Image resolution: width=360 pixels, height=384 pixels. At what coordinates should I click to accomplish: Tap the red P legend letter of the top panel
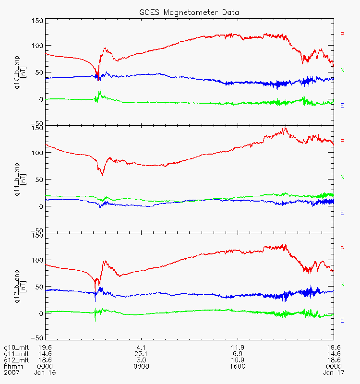click(x=342, y=34)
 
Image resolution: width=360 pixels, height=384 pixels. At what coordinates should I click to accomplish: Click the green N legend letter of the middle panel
click(x=342, y=177)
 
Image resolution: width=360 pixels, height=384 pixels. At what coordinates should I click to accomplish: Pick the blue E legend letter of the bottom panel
click(x=342, y=320)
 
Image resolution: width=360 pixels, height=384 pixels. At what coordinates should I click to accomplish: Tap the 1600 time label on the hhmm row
click(x=238, y=366)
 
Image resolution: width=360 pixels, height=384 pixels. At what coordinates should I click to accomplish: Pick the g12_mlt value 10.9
click(x=238, y=360)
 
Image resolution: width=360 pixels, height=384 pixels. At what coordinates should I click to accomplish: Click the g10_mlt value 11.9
click(x=238, y=347)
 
